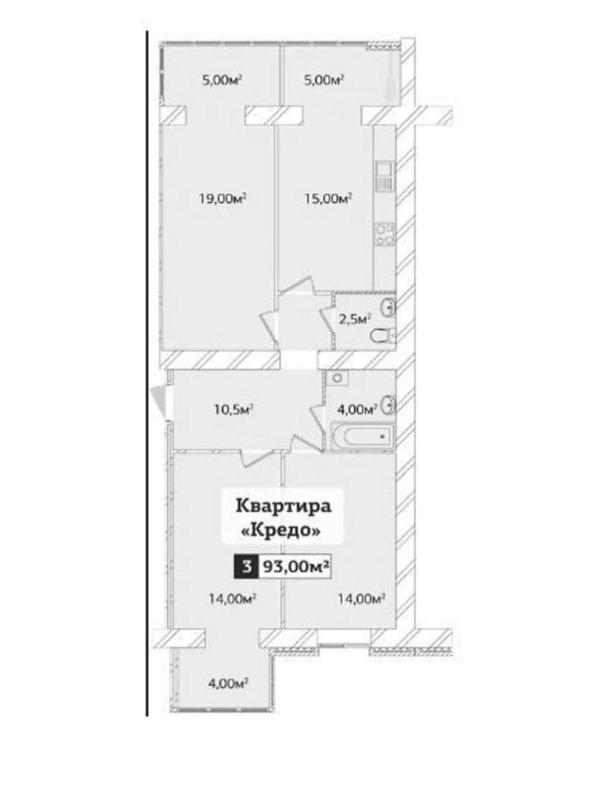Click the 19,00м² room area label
point(223,197)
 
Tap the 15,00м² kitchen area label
point(328,197)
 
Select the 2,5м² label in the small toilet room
point(355,318)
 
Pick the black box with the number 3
point(247,567)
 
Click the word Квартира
point(283,505)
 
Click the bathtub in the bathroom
point(362,436)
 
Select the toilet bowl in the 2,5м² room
point(382,335)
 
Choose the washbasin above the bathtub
point(389,404)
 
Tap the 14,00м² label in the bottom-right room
point(362,598)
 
